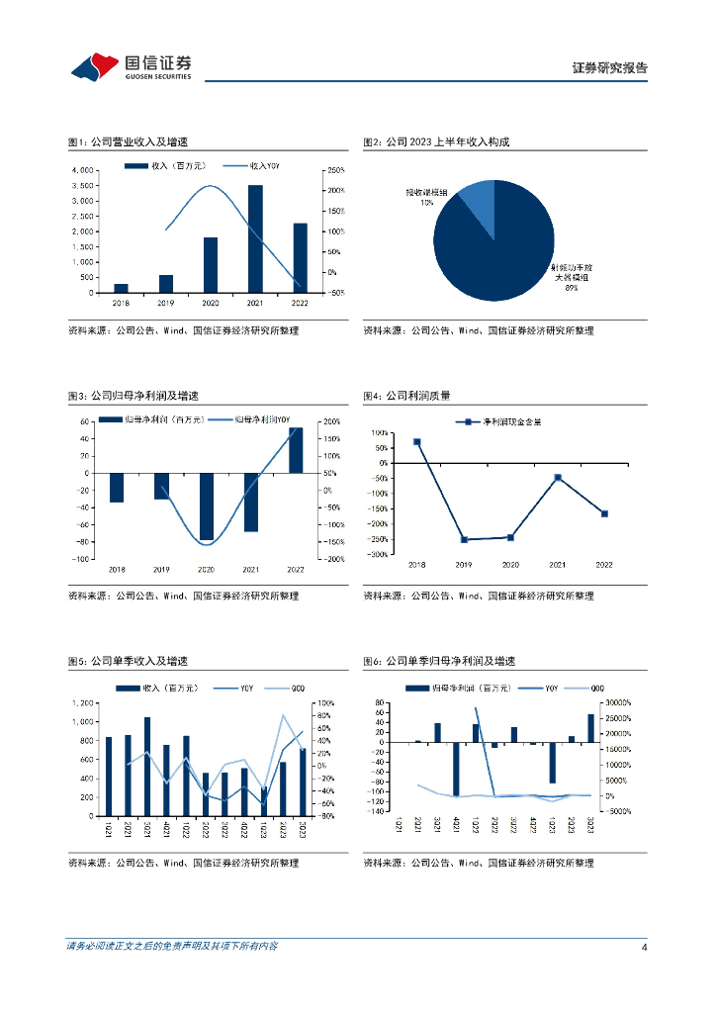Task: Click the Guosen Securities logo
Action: pyautogui.click(x=132, y=66)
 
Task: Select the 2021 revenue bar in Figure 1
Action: pyautogui.click(x=255, y=238)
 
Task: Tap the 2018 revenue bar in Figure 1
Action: pyautogui.click(x=121, y=288)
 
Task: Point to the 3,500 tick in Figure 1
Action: pyautogui.click(x=83, y=185)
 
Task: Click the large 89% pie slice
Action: pyautogui.click(x=494, y=252)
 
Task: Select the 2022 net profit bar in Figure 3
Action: pyautogui.click(x=296, y=450)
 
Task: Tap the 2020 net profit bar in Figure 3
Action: pyautogui.click(x=207, y=506)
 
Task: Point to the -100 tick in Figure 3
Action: pyautogui.click(x=82, y=560)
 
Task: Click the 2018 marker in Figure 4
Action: pyautogui.click(x=417, y=442)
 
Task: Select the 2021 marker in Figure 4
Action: pyautogui.click(x=558, y=478)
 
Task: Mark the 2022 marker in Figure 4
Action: pyautogui.click(x=604, y=513)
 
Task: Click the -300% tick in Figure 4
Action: pyautogui.click(x=376, y=555)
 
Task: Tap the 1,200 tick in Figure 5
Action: pyautogui.click(x=82, y=703)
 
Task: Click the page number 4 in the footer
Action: pyautogui.click(x=644, y=947)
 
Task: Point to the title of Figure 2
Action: pyautogui.click(x=436, y=142)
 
